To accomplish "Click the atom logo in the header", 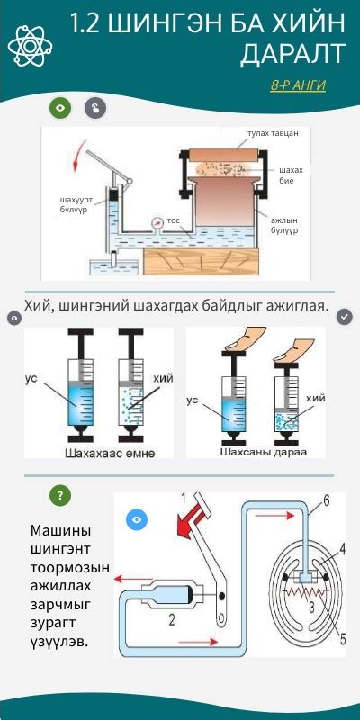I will pos(30,44).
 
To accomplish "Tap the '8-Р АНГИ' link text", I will pos(298,85).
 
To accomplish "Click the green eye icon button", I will pos(60,108).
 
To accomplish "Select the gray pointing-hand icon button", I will pos(95,108).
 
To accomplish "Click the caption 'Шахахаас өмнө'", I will pos(109,452).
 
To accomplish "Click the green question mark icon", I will pos(60,495).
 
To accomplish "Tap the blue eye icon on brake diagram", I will pos(137,519).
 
